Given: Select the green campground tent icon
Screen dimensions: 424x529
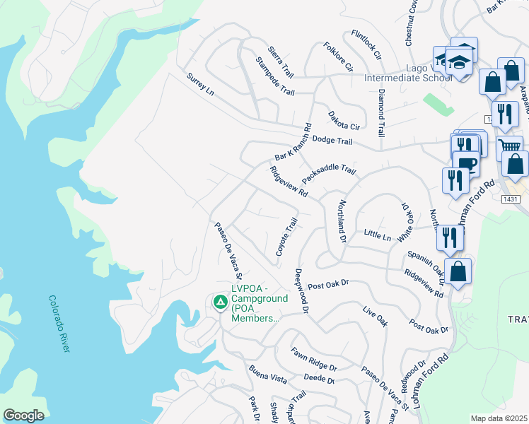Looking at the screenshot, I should coord(220,302).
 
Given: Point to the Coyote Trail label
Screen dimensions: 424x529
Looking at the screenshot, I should coord(286,237).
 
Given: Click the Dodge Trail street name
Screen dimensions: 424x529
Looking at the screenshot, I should coord(332,141).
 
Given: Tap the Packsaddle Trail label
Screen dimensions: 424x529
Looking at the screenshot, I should coord(329,173).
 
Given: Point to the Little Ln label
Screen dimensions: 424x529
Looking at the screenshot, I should coord(377,234).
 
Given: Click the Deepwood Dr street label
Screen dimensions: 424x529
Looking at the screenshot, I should coord(302,290).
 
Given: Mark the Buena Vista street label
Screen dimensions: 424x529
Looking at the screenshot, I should coord(267,374).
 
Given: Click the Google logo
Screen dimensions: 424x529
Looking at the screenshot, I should coord(23,415).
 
